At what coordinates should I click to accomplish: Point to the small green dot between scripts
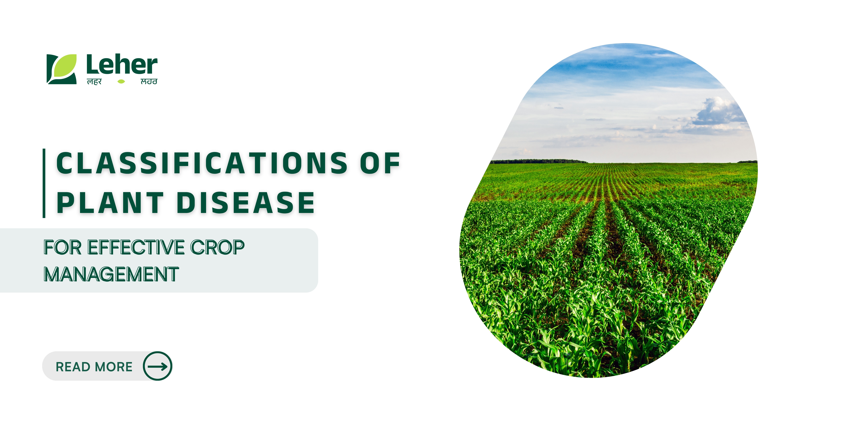tap(121, 81)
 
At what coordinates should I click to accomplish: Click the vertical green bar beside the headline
tap(44, 183)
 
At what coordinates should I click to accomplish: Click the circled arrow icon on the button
tap(157, 366)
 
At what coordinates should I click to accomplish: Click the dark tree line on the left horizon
tap(539, 161)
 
